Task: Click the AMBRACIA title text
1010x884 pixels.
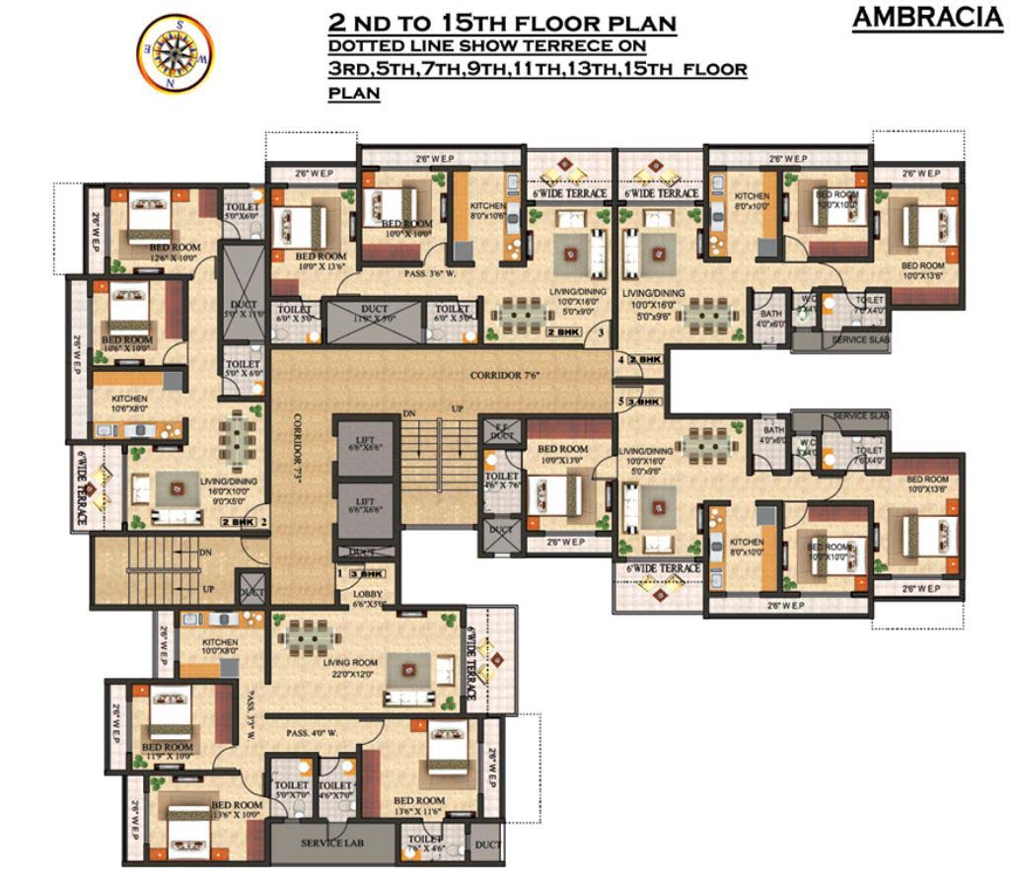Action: point(927,18)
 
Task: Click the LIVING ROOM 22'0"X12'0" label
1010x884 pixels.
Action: point(351,668)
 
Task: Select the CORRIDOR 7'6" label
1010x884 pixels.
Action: point(507,376)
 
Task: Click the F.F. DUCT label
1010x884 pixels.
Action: point(502,431)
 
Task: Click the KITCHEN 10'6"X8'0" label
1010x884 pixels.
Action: point(129,404)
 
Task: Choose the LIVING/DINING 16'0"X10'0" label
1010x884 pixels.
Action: point(228,486)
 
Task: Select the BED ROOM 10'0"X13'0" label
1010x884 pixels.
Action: point(562,455)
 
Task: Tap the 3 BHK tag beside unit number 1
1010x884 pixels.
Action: point(372,573)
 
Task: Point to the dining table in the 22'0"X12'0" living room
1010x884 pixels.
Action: point(310,638)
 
